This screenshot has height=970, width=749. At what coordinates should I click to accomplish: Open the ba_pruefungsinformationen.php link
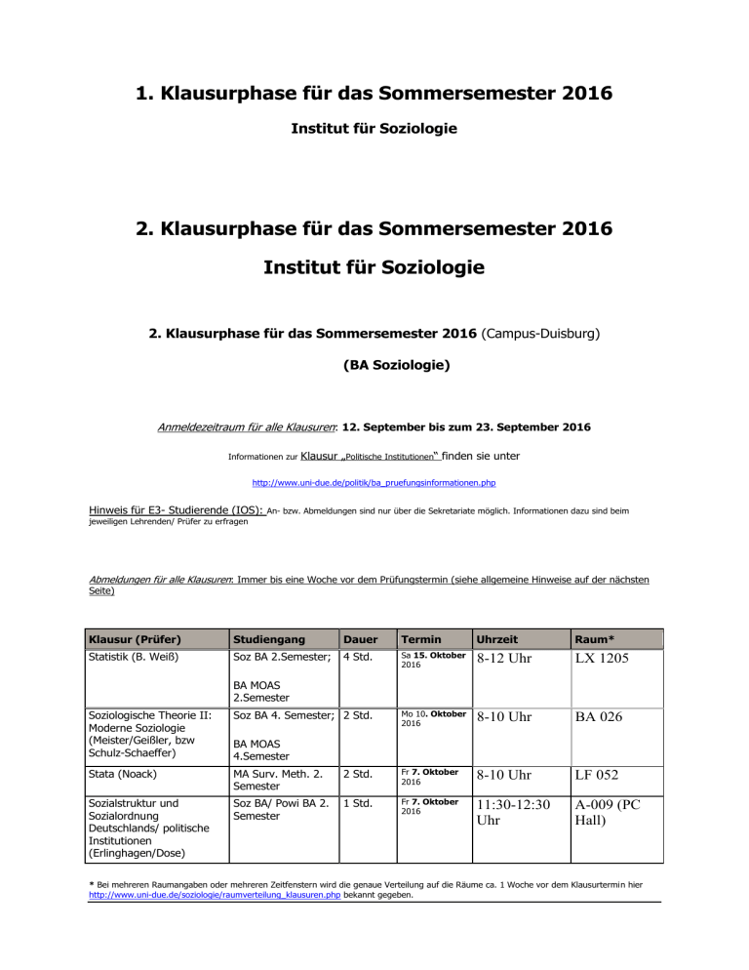pyautogui.click(x=374, y=481)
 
